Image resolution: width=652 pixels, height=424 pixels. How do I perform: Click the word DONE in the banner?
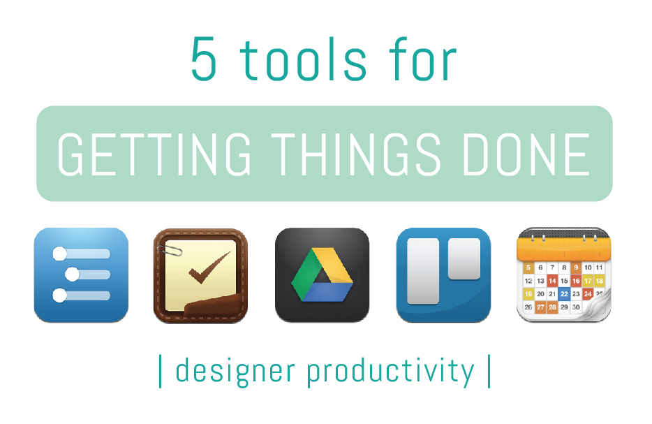[527, 154]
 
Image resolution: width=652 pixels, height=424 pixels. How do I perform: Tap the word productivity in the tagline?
[390, 371]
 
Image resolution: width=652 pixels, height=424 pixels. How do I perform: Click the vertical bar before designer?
[161, 371]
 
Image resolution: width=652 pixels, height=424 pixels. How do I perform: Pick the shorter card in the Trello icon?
[464, 258]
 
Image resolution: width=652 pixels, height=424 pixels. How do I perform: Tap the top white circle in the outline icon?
[59, 253]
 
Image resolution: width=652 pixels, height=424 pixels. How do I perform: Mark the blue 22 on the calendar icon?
[564, 294]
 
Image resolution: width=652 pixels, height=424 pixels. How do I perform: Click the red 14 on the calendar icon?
[552, 281]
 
